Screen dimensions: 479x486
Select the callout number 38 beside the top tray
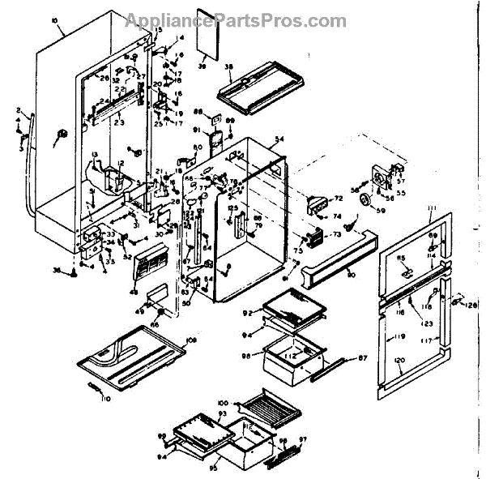pos(229,66)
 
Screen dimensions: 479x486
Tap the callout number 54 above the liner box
pos(279,140)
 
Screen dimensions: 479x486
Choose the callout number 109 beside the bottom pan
pos(192,339)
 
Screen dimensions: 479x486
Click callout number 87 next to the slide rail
pos(362,357)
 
